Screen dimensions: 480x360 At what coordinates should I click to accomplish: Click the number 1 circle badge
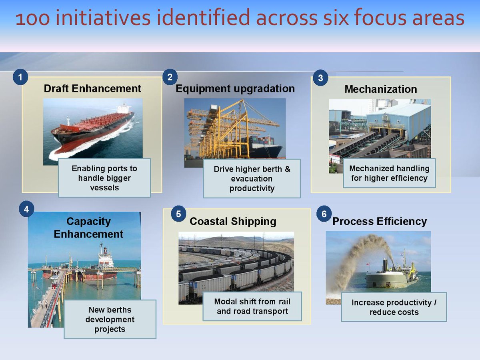tap(20, 77)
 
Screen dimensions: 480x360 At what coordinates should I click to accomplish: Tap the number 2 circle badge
tap(170, 77)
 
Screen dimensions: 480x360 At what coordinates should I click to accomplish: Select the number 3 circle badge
tap(320, 78)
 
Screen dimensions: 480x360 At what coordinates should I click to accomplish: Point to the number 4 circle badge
tap(26, 209)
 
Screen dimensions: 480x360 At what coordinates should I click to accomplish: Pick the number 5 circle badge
tap(178, 214)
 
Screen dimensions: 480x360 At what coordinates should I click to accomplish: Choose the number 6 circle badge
tap(324, 214)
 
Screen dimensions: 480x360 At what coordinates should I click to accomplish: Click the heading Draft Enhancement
tap(92, 88)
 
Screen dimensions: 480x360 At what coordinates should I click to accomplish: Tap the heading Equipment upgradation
tap(235, 88)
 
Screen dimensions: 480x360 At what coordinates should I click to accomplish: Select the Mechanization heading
tap(380, 89)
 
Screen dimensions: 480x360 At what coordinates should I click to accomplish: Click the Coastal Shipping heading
tap(233, 221)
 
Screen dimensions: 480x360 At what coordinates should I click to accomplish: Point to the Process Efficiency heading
tap(380, 221)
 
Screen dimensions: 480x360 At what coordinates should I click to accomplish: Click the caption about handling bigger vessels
tap(104, 178)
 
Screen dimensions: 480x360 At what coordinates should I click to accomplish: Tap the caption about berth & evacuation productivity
tap(252, 179)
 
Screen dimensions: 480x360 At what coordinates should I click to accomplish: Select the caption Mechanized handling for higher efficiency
tap(389, 173)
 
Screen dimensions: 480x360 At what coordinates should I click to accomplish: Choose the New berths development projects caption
tap(110, 319)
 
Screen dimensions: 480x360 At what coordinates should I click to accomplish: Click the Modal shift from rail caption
tap(252, 306)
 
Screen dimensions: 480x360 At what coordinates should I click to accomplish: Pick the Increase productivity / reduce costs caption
tap(394, 307)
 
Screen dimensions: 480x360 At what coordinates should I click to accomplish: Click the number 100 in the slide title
tap(29, 19)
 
